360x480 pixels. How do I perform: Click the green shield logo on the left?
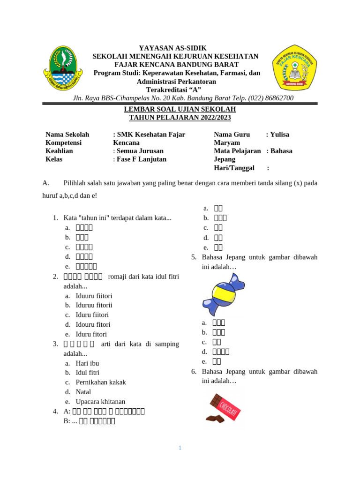point(63,68)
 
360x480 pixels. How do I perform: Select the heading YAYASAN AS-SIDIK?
point(172,48)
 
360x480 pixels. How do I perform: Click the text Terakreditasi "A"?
point(173,90)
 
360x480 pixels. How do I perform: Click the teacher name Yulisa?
point(279,135)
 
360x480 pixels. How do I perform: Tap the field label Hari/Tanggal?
point(234,167)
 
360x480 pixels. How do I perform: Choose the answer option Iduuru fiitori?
point(94,296)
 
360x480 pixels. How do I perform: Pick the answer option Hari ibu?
point(87,363)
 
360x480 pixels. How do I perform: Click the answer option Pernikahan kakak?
point(100,382)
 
